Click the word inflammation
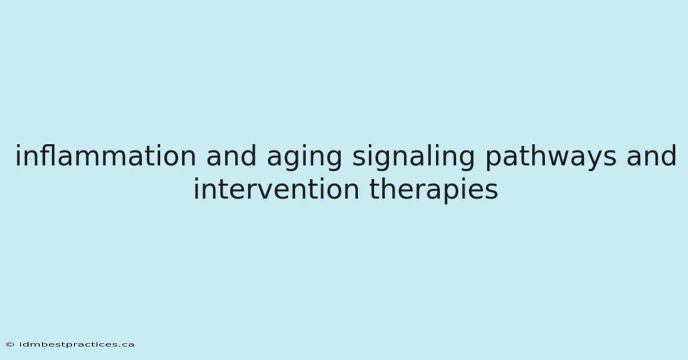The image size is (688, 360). click(105, 156)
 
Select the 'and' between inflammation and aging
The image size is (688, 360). click(231, 156)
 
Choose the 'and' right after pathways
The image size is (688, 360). click(651, 156)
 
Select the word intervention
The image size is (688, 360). click(276, 189)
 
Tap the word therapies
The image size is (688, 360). click(433, 191)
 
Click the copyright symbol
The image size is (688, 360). click(10, 345)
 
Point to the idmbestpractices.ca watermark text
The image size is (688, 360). click(77, 345)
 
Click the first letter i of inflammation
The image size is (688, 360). click(18, 156)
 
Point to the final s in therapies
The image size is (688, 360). click(491, 191)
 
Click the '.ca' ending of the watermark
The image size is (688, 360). click(126, 345)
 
